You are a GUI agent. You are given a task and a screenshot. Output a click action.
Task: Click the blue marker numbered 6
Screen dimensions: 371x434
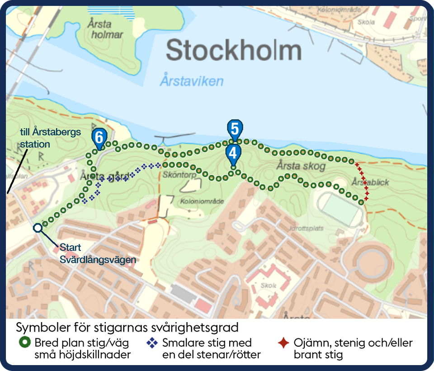[x=99, y=137]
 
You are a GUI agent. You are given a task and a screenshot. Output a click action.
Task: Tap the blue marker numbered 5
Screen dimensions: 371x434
[x=234, y=129]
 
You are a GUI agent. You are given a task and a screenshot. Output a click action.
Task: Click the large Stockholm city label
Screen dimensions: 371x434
[x=233, y=51]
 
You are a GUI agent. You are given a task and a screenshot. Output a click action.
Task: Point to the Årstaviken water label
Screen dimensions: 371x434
[x=191, y=81]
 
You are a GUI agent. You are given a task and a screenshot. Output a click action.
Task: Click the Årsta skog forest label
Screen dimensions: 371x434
[x=301, y=166]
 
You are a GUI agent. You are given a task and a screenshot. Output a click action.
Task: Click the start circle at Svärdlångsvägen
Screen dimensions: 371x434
[x=38, y=228]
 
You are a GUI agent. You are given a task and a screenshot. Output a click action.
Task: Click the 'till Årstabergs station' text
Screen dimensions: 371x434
[x=51, y=138]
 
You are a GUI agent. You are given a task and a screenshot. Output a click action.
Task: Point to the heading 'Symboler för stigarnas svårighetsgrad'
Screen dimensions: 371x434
[x=127, y=327]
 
